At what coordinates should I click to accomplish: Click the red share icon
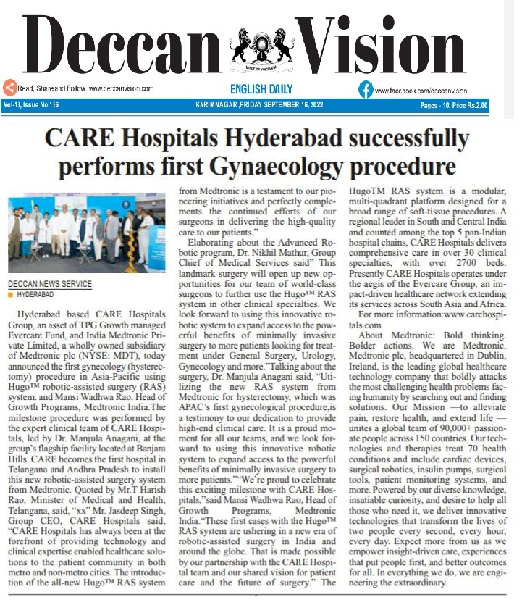(x=9, y=88)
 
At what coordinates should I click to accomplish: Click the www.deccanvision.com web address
(x=121, y=89)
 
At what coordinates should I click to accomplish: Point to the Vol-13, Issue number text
(x=31, y=105)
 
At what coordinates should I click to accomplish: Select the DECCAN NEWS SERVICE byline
(x=50, y=284)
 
